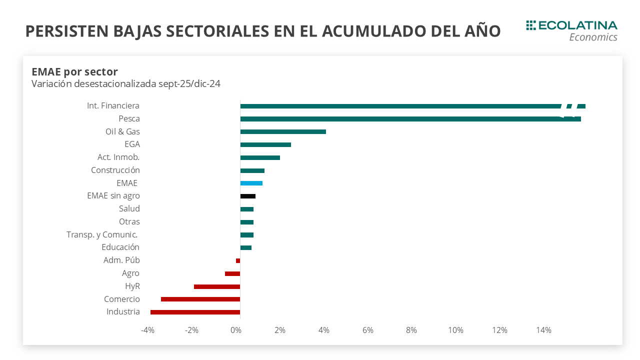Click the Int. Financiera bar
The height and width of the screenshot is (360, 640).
point(400,106)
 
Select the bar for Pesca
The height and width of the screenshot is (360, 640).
point(400,119)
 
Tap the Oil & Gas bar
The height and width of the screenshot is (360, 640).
point(283,132)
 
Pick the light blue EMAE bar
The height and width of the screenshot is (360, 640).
point(251,183)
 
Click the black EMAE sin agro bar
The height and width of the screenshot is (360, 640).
point(248,196)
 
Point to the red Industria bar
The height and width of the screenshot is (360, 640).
point(195,312)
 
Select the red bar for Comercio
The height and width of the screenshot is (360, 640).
point(200,299)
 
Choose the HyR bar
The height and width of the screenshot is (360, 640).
point(217,286)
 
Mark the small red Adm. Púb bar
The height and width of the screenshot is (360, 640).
point(238,260)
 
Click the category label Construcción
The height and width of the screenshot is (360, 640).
point(115,170)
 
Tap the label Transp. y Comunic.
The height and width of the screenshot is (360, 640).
point(102,234)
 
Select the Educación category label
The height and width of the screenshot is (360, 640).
point(120,247)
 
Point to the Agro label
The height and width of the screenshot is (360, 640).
point(130,273)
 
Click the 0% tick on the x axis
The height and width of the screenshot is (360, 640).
point(236,330)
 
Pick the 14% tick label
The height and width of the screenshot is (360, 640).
point(543,330)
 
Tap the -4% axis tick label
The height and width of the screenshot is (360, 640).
point(147,330)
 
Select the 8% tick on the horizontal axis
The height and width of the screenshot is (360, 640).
point(411,330)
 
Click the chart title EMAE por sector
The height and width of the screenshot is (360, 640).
point(74,71)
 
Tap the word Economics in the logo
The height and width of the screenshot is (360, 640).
point(593,37)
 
